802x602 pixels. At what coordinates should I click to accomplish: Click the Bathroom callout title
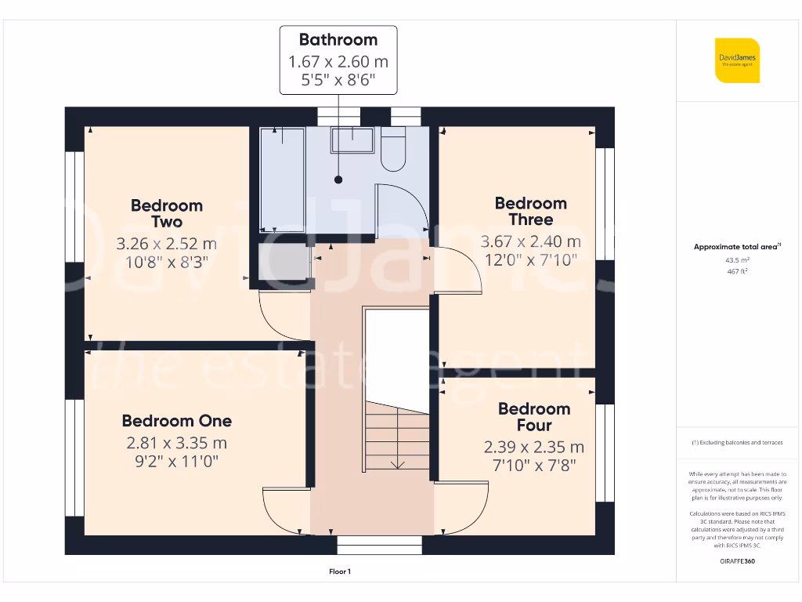338,40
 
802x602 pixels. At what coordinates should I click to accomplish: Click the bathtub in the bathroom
282,179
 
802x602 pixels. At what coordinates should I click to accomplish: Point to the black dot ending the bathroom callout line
338,180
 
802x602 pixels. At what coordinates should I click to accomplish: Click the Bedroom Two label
167,213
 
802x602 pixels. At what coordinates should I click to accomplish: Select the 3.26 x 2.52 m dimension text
167,243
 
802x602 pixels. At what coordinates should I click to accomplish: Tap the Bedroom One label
177,421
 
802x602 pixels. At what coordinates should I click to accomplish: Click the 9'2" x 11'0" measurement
177,462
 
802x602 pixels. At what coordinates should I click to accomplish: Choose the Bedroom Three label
530,212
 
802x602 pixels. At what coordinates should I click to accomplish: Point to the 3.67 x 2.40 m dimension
530,241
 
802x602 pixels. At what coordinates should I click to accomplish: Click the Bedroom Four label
534,417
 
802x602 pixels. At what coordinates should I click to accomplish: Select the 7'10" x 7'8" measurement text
534,466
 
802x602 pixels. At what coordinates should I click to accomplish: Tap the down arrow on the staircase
397,463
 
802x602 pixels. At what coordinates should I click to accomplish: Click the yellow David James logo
737,60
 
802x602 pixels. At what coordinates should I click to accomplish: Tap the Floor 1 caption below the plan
339,572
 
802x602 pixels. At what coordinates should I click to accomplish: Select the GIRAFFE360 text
737,561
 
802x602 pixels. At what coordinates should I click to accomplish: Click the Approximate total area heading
737,247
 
